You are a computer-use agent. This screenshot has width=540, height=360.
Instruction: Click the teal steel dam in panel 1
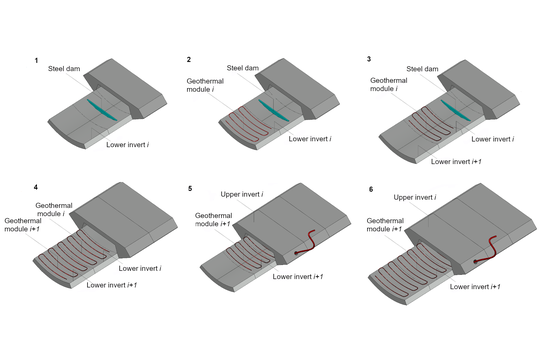click(x=102, y=110)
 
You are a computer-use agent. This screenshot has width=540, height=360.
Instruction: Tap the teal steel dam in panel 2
click(x=273, y=110)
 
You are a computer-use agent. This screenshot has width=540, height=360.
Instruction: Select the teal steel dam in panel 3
click(x=455, y=110)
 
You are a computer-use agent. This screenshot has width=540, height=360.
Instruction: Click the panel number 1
click(x=36, y=61)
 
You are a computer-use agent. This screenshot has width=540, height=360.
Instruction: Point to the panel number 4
click(x=36, y=187)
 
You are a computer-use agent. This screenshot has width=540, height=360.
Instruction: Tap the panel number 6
click(x=371, y=189)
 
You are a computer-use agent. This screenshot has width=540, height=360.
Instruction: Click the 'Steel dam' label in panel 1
click(x=64, y=69)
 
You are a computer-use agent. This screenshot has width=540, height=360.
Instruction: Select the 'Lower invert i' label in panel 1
click(x=127, y=145)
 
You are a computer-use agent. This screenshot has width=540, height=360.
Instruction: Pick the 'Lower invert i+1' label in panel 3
click(x=456, y=161)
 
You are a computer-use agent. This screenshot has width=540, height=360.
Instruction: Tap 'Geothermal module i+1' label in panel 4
click(x=23, y=225)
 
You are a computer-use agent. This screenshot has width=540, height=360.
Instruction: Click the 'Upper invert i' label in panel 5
click(x=242, y=194)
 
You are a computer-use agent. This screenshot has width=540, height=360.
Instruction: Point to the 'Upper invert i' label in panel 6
click(x=415, y=197)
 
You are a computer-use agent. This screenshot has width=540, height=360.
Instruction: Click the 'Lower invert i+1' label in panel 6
click(x=475, y=287)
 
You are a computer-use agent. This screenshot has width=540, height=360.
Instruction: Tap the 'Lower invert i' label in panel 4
click(x=140, y=268)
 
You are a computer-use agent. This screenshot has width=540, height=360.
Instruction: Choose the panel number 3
click(x=369, y=59)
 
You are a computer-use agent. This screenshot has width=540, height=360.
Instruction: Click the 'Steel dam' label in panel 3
click(x=422, y=69)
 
